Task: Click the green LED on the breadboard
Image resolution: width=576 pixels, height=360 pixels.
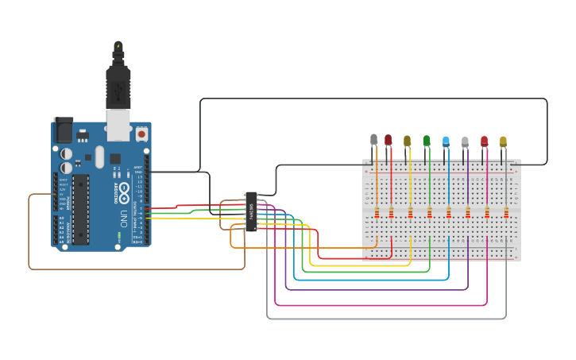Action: click(x=427, y=141)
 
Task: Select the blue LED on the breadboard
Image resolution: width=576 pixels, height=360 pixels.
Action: click(x=446, y=141)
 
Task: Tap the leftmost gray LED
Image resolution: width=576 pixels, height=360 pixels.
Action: click(x=374, y=140)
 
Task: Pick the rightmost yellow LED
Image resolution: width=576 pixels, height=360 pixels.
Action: click(x=503, y=141)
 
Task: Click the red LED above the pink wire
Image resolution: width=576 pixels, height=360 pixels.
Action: click(x=484, y=141)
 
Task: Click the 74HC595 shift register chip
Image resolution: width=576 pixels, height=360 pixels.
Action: click(x=251, y=211)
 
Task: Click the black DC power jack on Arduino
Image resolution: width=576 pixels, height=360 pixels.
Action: click(x=63, y=130)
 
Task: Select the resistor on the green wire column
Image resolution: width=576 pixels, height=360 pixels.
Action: click(x=430, y=212)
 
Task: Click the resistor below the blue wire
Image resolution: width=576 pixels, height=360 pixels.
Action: click(x=449, y=212)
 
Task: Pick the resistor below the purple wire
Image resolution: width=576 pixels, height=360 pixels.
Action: click(x=468, y=212)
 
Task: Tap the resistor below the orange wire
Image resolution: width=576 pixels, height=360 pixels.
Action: click(x=377, y=212)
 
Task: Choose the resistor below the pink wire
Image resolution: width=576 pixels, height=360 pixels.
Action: click(x=487, y=212)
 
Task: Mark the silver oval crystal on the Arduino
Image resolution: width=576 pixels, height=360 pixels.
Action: click(x=99, y=156)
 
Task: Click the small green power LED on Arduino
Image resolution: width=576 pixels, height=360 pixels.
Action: click(x=118, y=236)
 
